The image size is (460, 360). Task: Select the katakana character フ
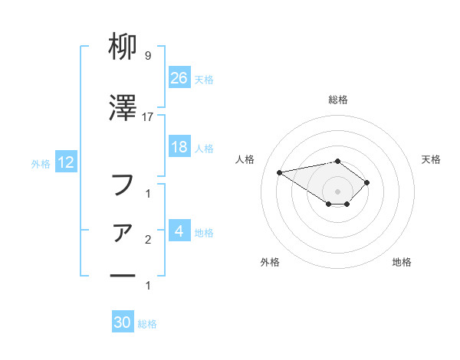coord(123,184)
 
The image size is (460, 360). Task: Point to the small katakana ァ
coord(124,232)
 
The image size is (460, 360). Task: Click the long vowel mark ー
coord(123,274)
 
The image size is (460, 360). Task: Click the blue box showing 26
coord(179,77)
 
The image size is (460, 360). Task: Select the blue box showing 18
coord(179,147)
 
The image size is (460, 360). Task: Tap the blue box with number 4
coord(179,231)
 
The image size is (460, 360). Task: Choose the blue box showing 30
coord(123,322)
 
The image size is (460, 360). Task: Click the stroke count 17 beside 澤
coord(148,116)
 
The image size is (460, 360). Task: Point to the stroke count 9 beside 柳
coord(147,56)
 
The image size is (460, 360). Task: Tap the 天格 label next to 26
coord(204,79)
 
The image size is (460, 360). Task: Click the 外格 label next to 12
coord(41,163)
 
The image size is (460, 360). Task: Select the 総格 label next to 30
coord(147,324)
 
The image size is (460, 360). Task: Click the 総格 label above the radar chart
coord(337,100)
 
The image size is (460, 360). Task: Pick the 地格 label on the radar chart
coord(402,263)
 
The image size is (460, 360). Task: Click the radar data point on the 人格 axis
coord(280,172)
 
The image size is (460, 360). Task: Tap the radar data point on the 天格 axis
coord(367,182)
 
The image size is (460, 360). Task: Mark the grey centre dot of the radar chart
coord(337,191)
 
